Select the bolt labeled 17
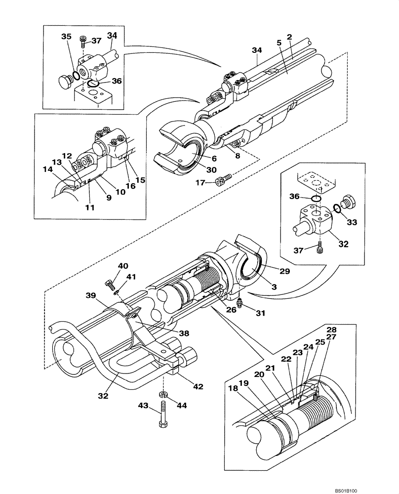click(x=223, y=179)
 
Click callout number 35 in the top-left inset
click(x=66, y=36)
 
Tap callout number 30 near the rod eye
click(x=198, y=169)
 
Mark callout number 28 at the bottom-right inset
click(x=330, y=329)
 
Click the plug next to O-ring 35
click(x=63, y=81)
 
